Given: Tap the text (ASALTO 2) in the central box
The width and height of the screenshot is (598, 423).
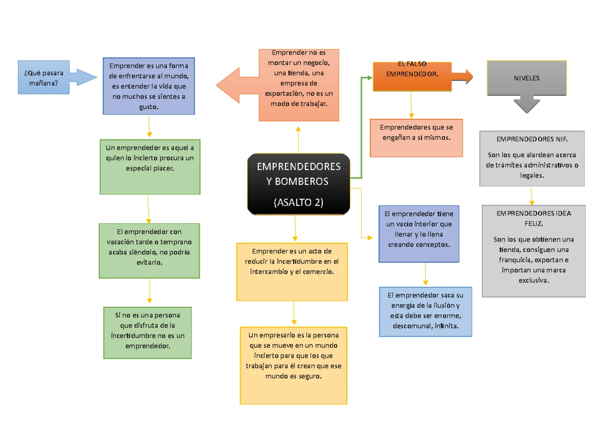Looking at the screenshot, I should [x=299, y=203].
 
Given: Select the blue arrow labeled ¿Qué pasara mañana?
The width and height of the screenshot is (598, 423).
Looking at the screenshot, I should [x=55, y=77].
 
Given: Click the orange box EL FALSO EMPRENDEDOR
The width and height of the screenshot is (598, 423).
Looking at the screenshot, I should [x=412, y=76].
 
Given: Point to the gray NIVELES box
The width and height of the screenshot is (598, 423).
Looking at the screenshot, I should [x=527, y=78].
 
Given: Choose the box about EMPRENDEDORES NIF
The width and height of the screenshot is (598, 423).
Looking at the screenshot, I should [x=532, y=158].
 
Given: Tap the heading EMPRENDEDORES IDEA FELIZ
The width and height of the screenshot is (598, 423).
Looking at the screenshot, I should [x=534, y=218].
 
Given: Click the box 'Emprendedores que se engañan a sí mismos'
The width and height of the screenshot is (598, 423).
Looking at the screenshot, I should [x=416, y=137].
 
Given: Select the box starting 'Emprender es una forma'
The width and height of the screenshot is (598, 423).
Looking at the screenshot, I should [x=149, y=86].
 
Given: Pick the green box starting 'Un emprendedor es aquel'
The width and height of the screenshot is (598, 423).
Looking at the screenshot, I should [x=149, y=167].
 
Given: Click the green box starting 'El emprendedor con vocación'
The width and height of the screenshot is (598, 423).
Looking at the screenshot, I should [x=149, y=250].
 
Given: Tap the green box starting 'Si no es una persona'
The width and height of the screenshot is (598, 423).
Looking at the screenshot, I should [x=148, y=332].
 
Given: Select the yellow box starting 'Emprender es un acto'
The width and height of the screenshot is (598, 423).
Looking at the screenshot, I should [x=292, y=271].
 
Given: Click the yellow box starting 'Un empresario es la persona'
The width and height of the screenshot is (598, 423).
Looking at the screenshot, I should [x=294, y=365].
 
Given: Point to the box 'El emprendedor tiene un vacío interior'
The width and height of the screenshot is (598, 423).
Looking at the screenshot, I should [x=419, y=233].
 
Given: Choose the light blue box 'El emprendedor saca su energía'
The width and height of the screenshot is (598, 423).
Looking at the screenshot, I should [x=425, y=311].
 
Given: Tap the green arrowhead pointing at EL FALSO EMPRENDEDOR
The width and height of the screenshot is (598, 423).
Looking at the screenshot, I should [x=369, y=77].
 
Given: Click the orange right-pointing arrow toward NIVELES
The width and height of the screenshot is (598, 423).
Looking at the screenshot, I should [x=463, y=76].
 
